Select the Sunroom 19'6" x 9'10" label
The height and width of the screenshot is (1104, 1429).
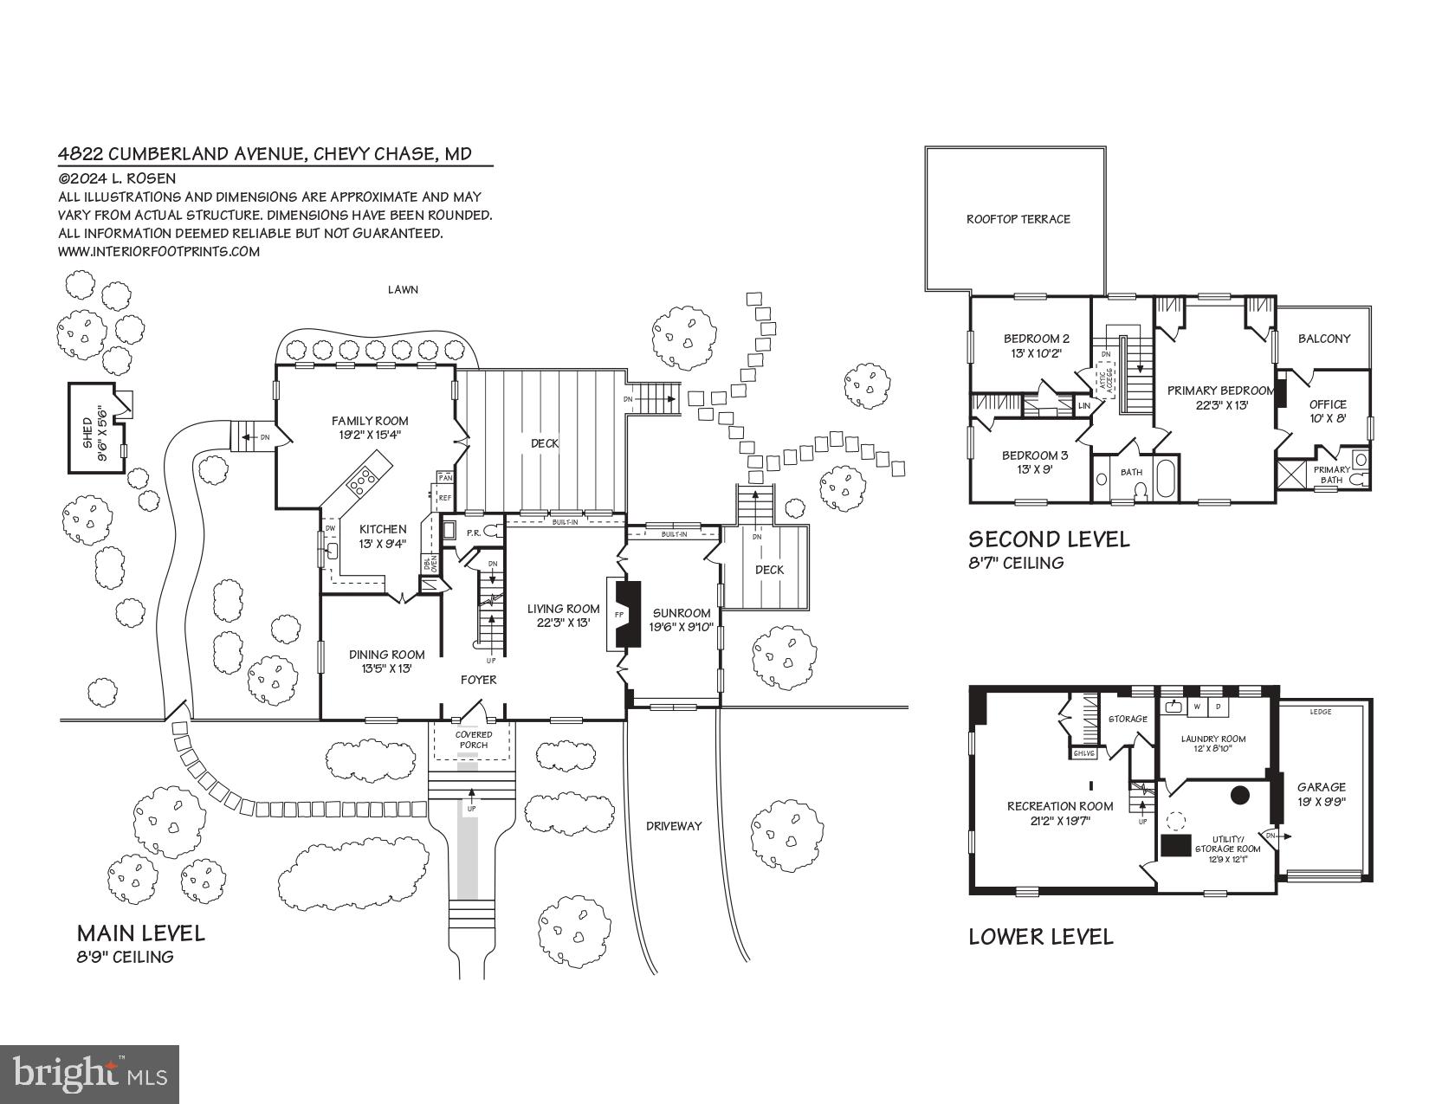click(x=681, y=620)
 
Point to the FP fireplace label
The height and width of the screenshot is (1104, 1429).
click(x=618, y=614)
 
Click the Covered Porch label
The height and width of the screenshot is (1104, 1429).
click(x=474, y=739)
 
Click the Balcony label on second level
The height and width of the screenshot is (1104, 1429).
click(x=1323, y=339)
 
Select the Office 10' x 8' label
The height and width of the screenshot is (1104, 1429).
click(x=1327, y=410)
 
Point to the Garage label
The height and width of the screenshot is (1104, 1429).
click(x=1321, y=787)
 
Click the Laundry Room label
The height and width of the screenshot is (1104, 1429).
click(x=1213, y=739)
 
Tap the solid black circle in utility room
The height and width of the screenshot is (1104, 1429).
click(x=1240, y=794)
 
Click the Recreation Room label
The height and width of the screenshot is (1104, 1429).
click(x=1060, y=806)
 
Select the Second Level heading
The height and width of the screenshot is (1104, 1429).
click(x=1049, y=539)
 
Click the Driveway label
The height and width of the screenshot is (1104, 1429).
click(x=674, y=826)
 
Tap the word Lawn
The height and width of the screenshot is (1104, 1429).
click(x=403, y=289)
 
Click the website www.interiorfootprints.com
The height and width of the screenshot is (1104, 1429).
click(x=159, y=252)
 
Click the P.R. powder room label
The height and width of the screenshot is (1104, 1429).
click(x=473, y=533)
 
